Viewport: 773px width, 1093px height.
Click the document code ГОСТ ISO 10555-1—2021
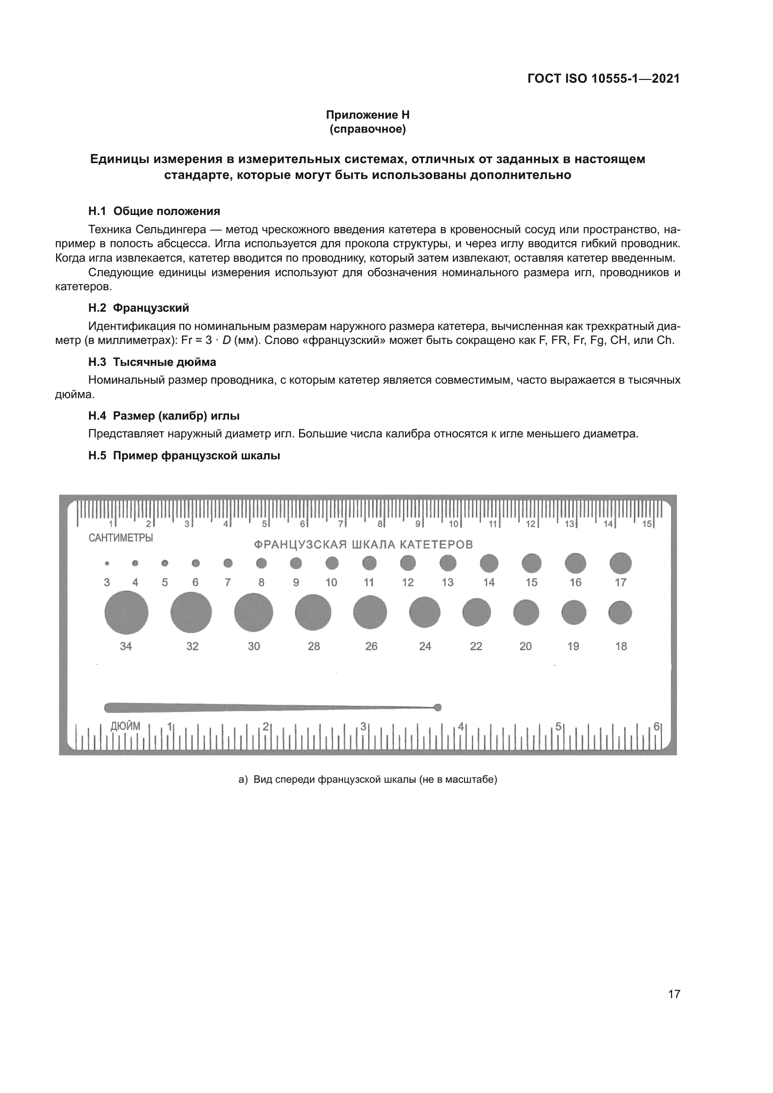603,79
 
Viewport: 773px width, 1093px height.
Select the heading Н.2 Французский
138,308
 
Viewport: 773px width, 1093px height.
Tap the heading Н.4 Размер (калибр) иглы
164,415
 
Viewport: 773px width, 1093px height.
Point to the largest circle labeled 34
126,613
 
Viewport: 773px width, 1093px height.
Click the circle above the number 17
620,564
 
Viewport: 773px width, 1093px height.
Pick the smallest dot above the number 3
107,564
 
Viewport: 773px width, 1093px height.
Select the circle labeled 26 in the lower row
370,612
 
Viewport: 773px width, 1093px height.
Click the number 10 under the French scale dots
331,582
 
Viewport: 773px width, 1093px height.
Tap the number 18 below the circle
621,646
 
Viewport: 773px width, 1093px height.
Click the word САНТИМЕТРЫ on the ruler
121,538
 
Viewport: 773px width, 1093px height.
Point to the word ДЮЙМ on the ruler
125,726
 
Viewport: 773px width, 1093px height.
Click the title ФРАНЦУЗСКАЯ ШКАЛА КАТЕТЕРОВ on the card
363,544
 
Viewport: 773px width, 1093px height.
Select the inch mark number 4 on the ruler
460,727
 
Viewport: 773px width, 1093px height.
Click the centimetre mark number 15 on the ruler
647,524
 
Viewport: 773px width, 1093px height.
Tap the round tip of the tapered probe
438,707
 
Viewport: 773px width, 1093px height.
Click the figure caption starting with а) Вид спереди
367,779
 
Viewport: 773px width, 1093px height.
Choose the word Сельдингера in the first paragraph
171,230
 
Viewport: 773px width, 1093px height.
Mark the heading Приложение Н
367,115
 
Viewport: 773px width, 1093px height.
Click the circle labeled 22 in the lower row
476,612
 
